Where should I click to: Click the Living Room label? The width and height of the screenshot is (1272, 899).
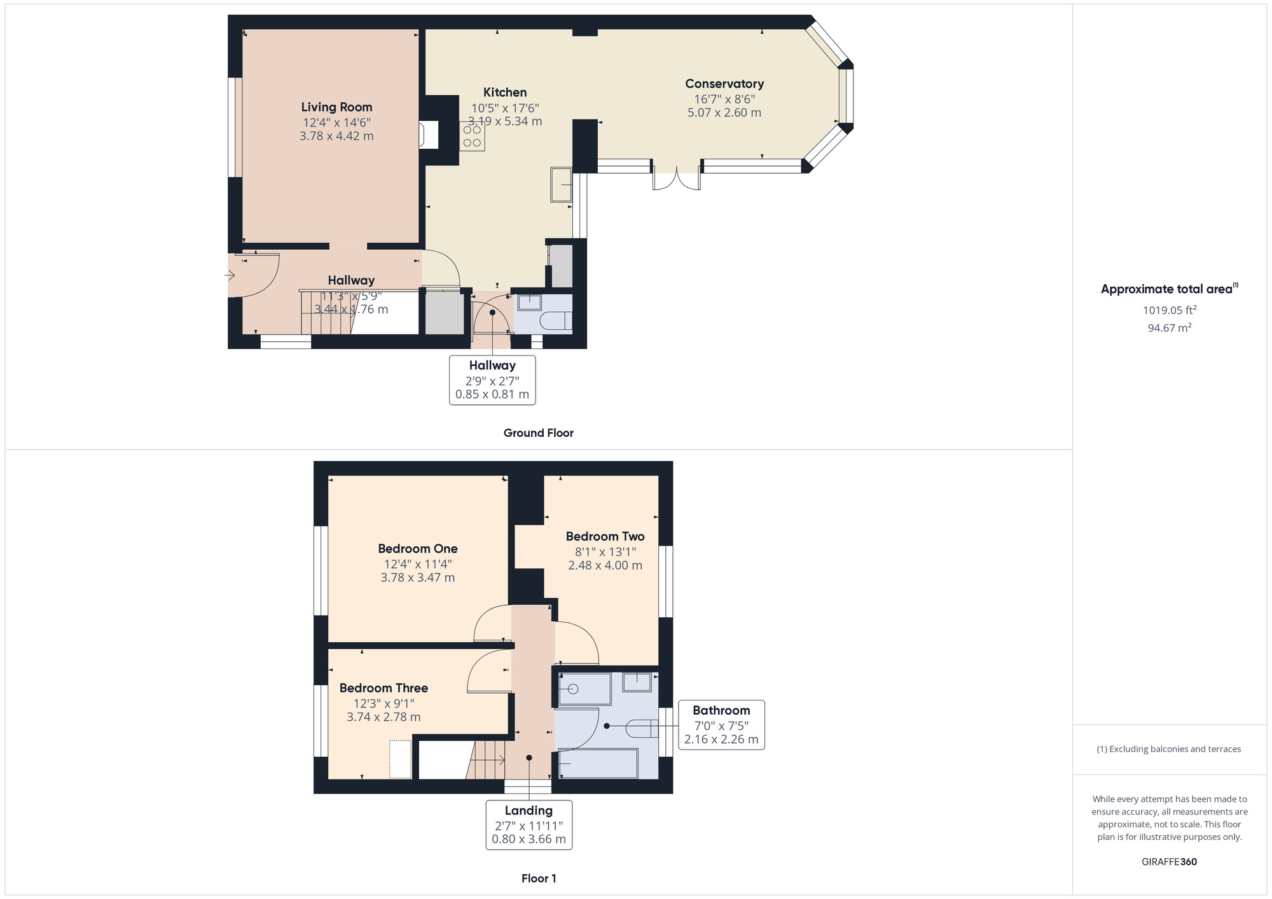[336, 107]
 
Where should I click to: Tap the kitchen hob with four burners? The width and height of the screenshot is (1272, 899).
[472, 136]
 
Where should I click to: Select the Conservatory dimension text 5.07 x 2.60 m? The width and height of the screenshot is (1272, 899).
[724, 113]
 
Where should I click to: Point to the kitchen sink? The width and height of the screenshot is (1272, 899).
[561, 184]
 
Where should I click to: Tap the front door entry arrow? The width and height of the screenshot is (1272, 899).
[230, 275]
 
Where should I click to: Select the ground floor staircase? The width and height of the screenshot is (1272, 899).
[326, 313]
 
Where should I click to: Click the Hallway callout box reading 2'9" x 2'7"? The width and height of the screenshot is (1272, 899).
[492, 380]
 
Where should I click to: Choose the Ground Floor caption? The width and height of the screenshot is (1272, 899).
[538, 433]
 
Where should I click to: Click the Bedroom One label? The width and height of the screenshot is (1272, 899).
[417, 549]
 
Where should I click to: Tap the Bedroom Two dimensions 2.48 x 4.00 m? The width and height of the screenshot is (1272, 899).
[605, 565]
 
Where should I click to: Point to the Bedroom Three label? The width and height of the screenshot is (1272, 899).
[384, 688]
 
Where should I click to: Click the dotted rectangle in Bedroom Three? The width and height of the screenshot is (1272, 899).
[400, 759]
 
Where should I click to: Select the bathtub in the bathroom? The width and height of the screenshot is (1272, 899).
[598, 764]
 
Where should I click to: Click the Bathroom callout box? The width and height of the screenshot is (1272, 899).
[721, 725]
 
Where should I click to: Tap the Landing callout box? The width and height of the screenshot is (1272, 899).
[529, 825]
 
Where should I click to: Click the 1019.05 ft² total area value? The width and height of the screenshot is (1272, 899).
[1169, 310]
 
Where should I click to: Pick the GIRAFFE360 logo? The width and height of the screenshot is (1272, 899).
[1169, 862]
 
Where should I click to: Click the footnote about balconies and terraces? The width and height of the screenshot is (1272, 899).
[1169, 749]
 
